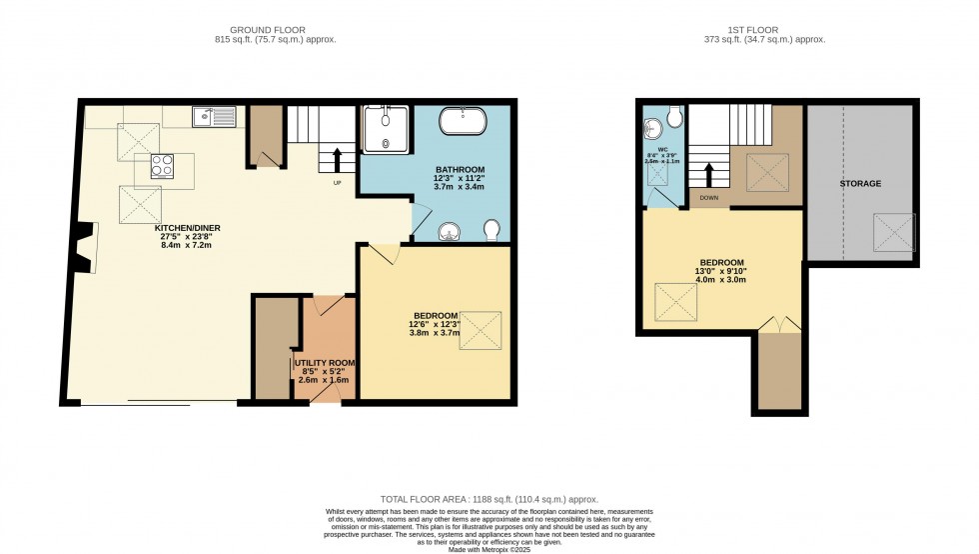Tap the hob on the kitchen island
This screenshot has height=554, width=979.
(163, 167)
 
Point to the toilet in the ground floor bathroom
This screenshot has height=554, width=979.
(492, 231)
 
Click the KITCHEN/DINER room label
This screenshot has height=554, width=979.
(187, 228)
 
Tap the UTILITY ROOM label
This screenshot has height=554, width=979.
(323, 362)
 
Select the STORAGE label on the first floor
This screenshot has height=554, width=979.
(860, 184)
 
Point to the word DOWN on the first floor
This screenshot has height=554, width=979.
(709, 198)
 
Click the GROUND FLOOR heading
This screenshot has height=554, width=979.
(274, 30)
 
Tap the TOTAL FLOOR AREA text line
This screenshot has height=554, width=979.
(489, 498)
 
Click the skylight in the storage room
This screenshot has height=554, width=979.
(895, 233)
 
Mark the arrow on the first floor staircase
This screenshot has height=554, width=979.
(710, 176)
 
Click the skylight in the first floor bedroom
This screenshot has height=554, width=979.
(674, 302)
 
